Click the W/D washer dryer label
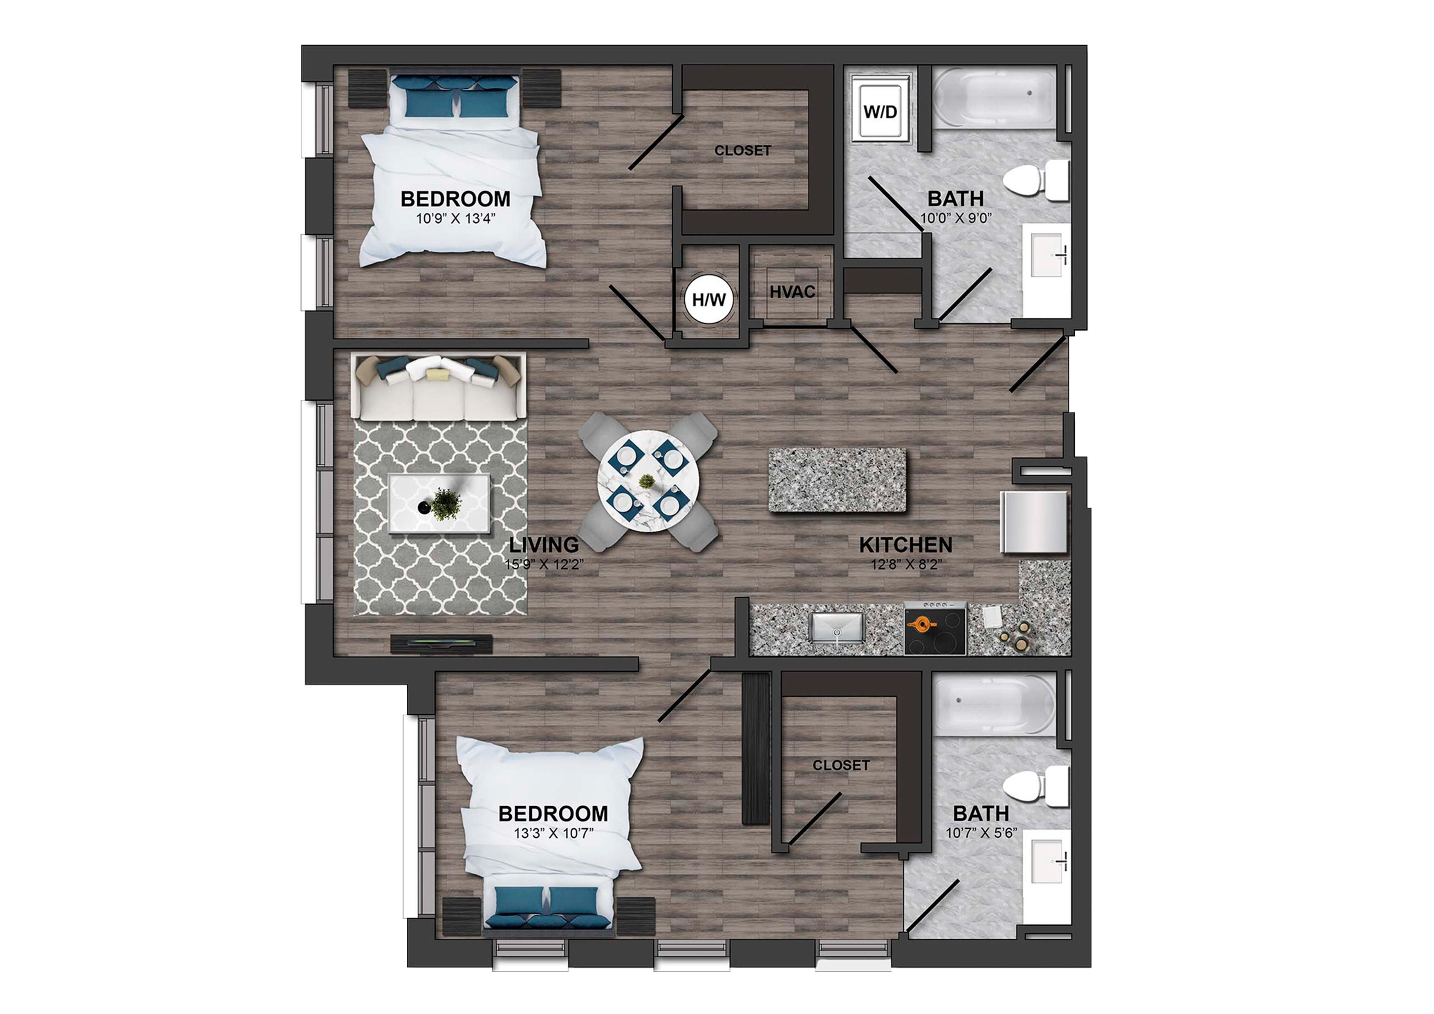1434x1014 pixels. (880, 112)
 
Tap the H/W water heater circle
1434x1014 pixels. (709, 300)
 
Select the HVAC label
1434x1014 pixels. (792, 292)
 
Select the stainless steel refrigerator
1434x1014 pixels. (1034, 522)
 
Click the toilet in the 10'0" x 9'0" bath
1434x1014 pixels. (1035, 180)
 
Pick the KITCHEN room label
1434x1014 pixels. (905, 545)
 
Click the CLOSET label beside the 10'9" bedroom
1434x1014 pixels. (743, 150)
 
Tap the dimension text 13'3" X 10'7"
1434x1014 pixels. (553, 833)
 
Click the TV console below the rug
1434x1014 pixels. (441, 644)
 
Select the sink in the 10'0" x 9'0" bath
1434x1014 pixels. (1046, 255)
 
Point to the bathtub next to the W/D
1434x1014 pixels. (993, 98)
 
